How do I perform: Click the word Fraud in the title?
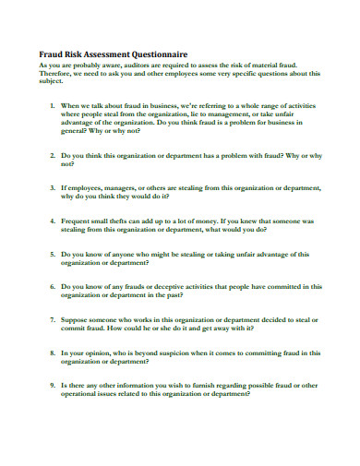click(52, 55)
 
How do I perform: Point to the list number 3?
click(54, 188)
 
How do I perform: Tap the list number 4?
click(54, 221)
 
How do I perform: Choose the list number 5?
click(54, 254)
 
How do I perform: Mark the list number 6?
click(54, 287)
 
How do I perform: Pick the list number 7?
click(54, 319)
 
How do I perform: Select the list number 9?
click(54, 385)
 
